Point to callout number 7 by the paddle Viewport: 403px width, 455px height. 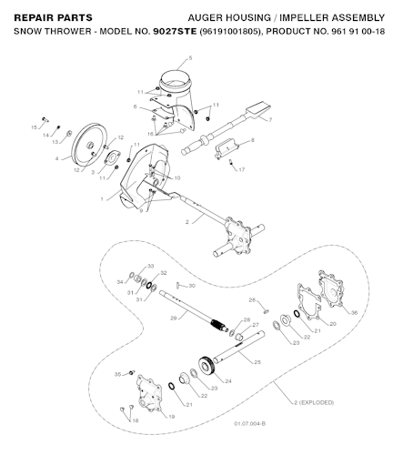(x=270, y=119)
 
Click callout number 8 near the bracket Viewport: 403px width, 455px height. (x=252, y=140)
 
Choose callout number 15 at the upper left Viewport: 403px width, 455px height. (x=35, y=127)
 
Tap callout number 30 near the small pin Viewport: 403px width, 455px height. (x=191, y=286)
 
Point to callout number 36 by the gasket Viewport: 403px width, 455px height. (x=354, y=313)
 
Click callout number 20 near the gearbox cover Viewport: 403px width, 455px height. (x=332, y=323)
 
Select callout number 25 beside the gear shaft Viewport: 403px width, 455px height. (x=257, y=362)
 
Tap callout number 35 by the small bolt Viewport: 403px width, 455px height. (x=117, y=375)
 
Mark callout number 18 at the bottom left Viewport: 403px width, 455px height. (x=135, y=420)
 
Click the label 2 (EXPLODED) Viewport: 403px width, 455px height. (x=313, y=401)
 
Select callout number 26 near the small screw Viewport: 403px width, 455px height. (x=252, y=299)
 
